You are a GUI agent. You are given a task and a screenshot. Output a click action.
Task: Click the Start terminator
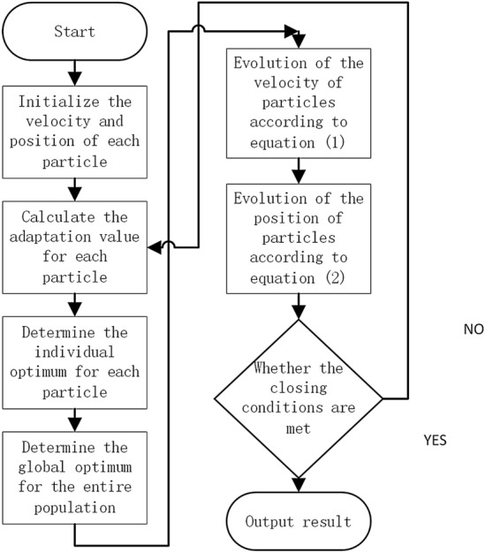tap(75, 34)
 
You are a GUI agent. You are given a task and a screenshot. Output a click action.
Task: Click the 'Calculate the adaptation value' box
tap(75, 245)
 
